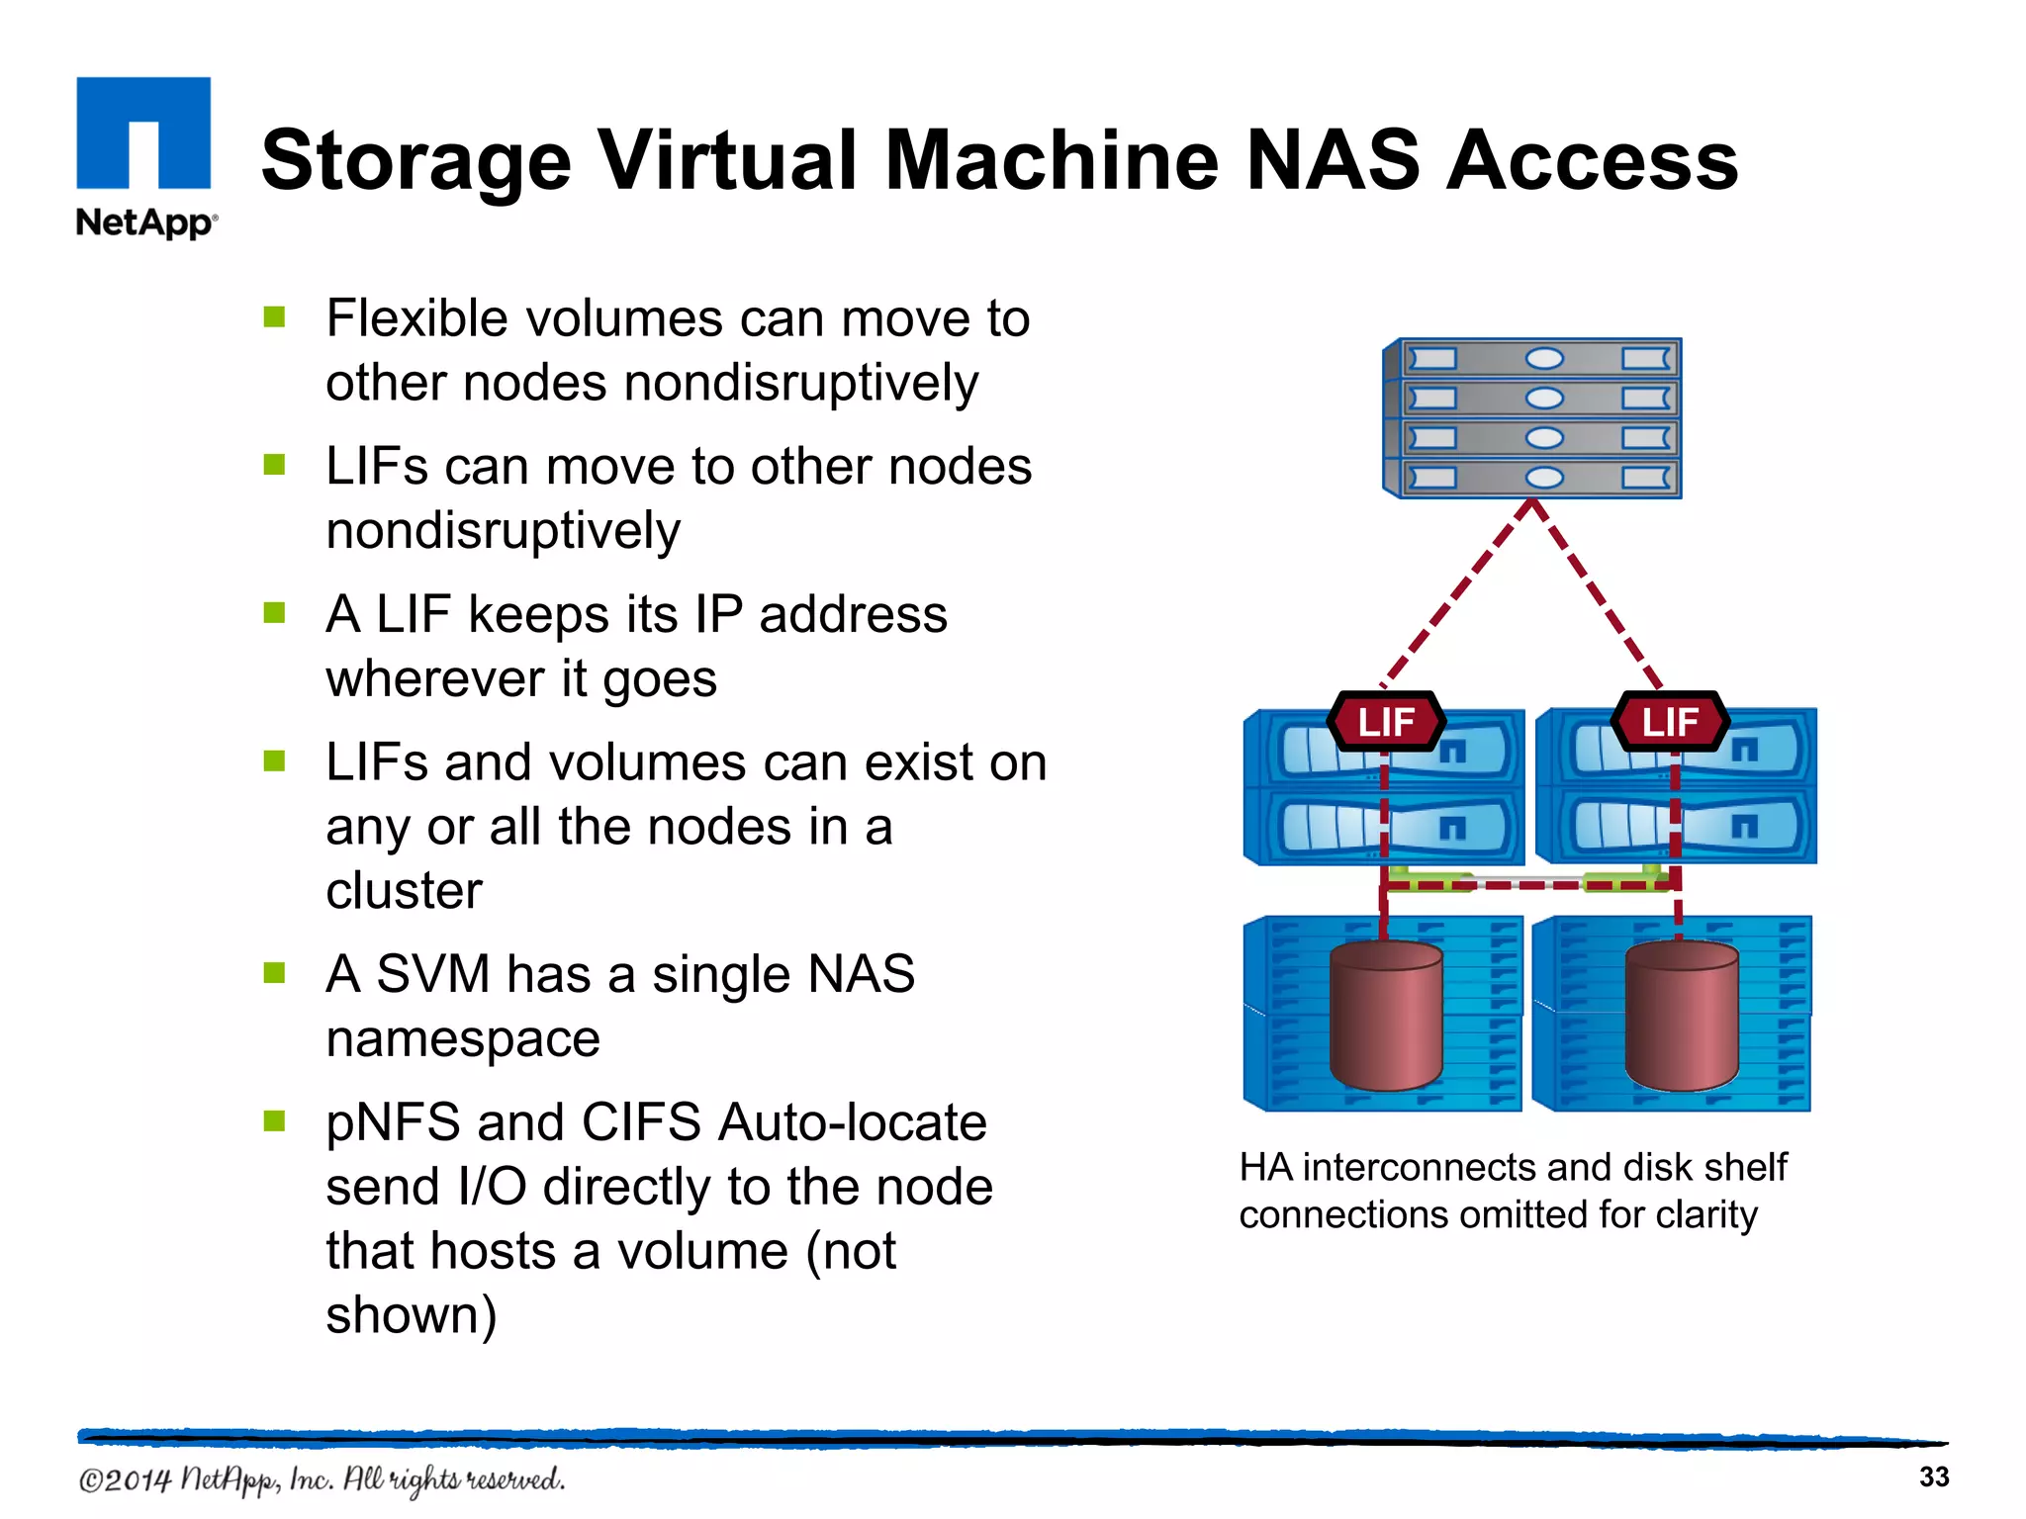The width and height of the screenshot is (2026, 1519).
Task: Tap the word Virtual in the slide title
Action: coord(729,161)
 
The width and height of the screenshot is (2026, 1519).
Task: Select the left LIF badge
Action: coord(1385,722)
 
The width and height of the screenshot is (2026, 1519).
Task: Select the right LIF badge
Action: coord(1670,722)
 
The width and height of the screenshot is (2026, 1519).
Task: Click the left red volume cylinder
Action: coord(1386,1016)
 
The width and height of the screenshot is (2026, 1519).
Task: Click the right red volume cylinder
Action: coord(1681,1016)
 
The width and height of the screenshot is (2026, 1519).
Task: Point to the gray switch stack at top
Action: coord(1532,418)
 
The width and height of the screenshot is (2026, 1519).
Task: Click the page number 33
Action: coord(1933,1476)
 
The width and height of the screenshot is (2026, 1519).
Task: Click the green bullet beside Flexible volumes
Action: coord(274,317)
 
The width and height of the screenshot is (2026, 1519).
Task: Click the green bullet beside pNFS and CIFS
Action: coord(274,1120)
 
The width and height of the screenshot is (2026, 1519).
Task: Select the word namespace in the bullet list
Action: coord(463,1039)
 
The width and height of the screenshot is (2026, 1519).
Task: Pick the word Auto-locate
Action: coord(853,1122)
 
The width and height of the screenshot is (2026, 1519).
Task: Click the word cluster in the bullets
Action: coord(404,890)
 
